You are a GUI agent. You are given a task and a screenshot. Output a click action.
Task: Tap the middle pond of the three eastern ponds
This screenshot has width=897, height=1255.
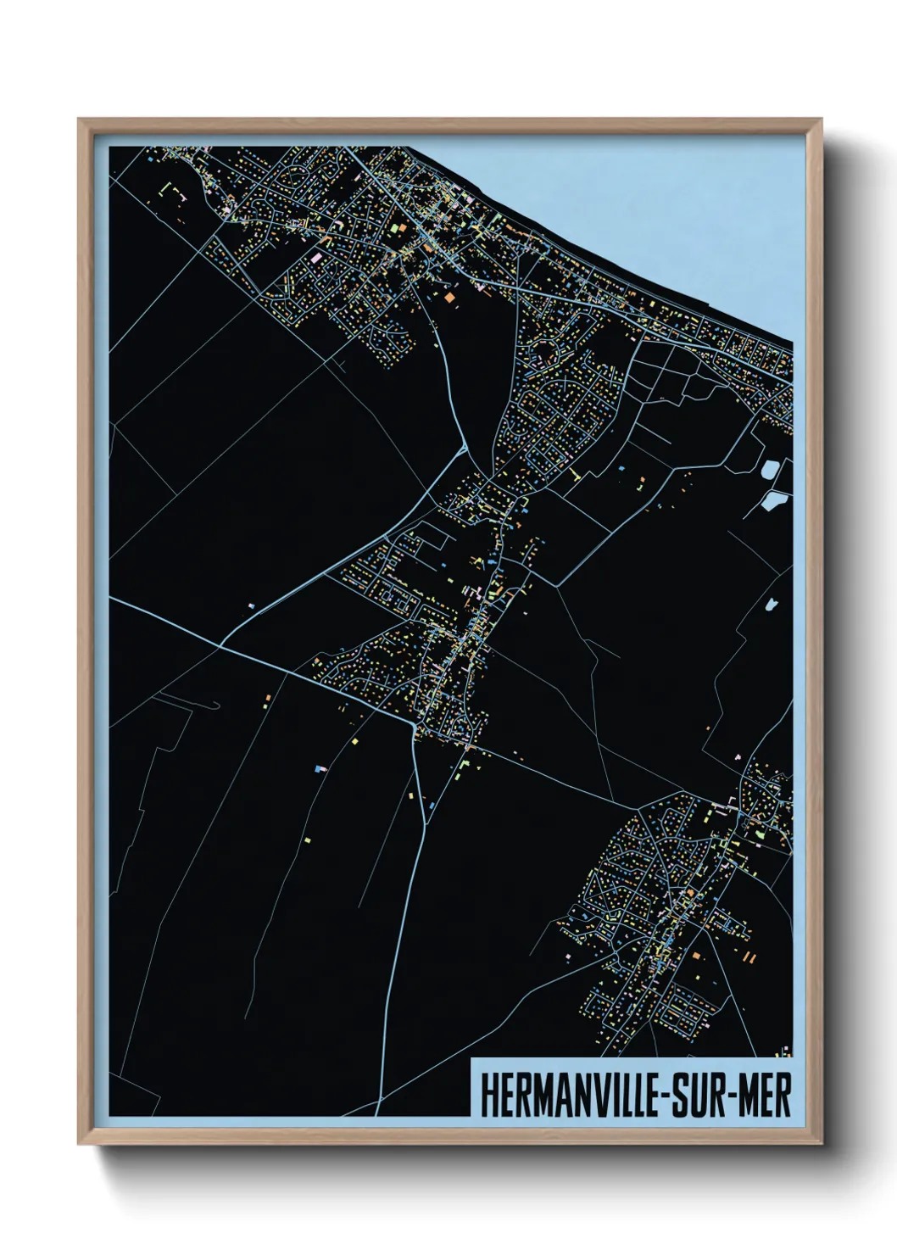click(x=773, y=500)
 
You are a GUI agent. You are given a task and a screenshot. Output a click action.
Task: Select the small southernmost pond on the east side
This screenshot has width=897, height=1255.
click(x=771, y=605)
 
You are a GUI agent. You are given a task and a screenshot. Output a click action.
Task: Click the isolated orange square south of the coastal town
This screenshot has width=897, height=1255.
click(x=448, y=298)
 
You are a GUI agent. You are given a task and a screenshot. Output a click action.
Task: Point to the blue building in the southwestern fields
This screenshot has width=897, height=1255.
click(x=320, y=768)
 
